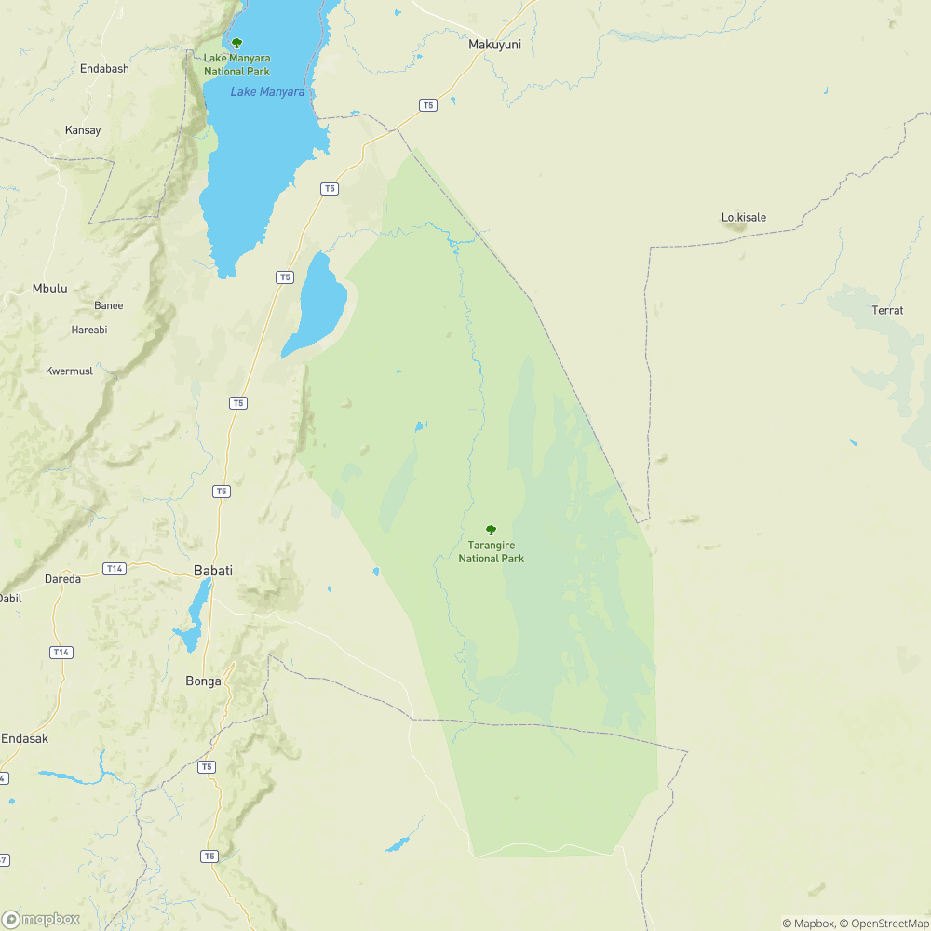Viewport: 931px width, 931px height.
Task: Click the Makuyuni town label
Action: tap(493, 43)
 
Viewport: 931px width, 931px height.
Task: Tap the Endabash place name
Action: tap(104, 69)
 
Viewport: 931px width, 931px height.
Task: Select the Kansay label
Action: tap(83, 130)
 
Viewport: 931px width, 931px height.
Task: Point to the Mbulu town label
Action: tap(49, 289)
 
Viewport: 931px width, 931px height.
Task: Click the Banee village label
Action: tap(108, 305)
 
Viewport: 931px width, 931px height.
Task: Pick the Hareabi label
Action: tap(89, 330)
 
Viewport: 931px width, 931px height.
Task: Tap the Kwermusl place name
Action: tap(70, 371)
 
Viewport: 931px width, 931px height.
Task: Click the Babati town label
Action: tap(212, 571)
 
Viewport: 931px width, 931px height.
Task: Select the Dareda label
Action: tap(63, 578)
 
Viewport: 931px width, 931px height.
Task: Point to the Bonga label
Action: tap(203, 681)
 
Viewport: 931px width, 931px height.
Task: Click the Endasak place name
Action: tap(24, 738)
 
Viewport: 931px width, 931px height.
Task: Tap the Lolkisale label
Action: tap(744, 218)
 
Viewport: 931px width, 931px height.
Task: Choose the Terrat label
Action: tap(887, 310)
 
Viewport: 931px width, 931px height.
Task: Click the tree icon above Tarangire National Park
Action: tap(492, 530)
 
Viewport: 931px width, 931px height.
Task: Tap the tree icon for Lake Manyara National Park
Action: tap(236, 43)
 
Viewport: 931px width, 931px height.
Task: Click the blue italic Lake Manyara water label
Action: tap(267, 91)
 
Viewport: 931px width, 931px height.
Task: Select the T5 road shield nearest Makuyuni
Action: tap(427, 105)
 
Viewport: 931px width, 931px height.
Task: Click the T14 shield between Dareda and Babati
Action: tap(115, 569)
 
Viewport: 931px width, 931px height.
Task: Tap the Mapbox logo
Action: tap(41, 919)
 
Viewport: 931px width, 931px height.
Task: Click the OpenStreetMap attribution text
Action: tap(885, 924)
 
